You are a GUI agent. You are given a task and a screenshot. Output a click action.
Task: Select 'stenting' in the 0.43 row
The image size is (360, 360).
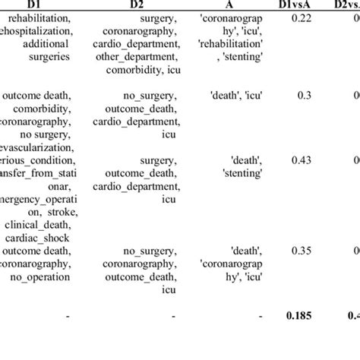tap(243, 174)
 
